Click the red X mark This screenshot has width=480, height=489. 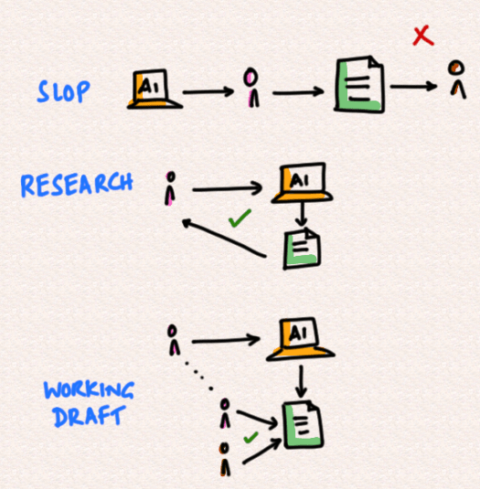click(423, 37)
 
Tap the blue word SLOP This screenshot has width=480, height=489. click(64, 91)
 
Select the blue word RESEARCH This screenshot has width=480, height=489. click(77, 185)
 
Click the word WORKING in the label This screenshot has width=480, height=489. click(90, 389)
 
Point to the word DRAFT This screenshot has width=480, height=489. click(90, 416)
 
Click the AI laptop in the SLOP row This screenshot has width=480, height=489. click(155, 90)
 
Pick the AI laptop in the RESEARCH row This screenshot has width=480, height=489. click(302, 183)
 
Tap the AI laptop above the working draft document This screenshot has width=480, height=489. click(300, 339)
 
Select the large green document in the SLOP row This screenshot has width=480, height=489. click(359, 84)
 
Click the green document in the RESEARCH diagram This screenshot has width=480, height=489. click(302, 249)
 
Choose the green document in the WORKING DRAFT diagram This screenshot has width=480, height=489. click(303, 424)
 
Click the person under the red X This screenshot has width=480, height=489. click(457, 80)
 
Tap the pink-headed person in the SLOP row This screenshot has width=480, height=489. click(251, 88)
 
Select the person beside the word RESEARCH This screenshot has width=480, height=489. click(170, 188)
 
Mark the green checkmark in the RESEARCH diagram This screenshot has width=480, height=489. click(240, 218)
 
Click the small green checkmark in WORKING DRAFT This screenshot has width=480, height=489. click(251, 438)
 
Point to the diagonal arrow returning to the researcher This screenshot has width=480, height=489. click(224, 238)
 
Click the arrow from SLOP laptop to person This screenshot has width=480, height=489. click(208, 91)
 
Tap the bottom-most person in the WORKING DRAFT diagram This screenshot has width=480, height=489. click(225, 459)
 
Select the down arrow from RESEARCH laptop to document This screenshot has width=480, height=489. click(301, 215)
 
